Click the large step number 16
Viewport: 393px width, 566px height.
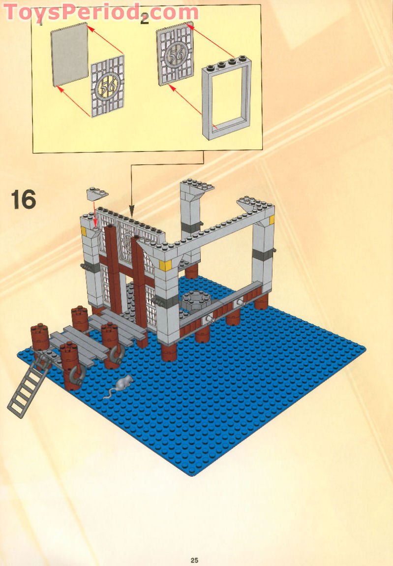pos(24,200)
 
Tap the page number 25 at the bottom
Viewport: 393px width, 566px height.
pos(194,560)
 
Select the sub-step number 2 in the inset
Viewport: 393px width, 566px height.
pos(144,20)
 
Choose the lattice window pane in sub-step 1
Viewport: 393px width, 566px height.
pos(107,86)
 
